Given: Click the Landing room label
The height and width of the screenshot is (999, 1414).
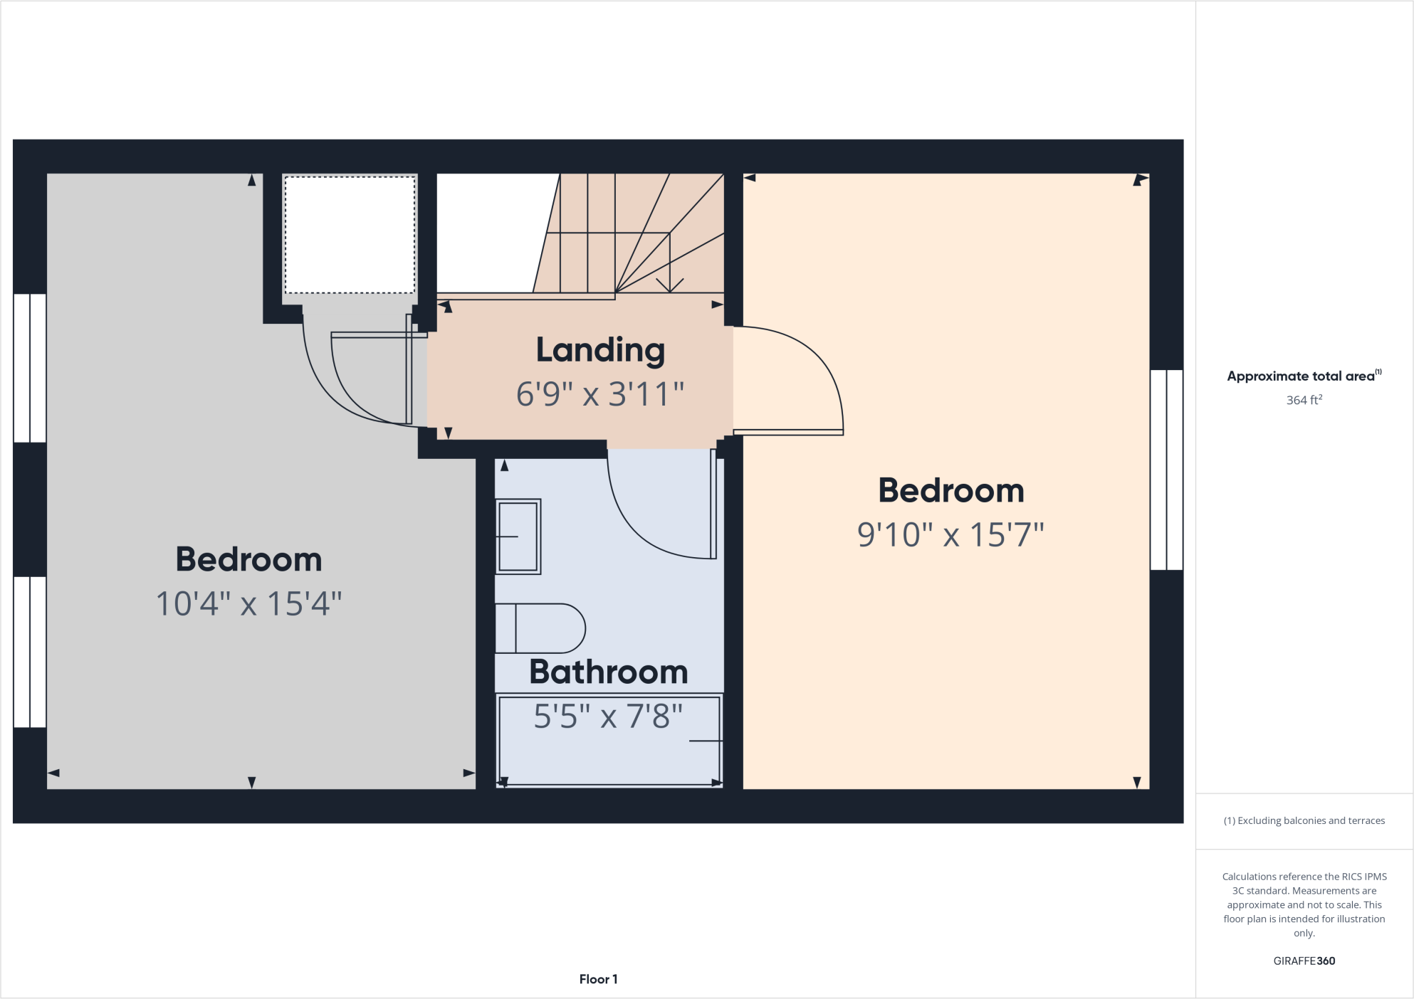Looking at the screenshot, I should click(x=600, y=350).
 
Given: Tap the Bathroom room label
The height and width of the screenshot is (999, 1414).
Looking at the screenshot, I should click(x=609, y=672).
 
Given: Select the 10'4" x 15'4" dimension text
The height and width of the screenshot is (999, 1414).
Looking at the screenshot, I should click(x=248, y=604).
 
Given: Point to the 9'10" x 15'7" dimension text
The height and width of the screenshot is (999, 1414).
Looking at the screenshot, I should click(x=950, y=535).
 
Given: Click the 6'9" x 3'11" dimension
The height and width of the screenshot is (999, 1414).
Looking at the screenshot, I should click(x=600, y=394).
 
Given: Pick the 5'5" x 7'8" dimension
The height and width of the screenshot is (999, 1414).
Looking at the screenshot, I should click(x=609, y=717).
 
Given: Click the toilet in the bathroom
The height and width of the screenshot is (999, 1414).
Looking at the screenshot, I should click(x=541, y=628).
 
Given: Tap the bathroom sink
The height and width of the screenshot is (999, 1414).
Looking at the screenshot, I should click(x=518, y=536).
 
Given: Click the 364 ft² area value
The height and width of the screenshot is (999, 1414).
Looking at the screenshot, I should click(x=1304, y=400).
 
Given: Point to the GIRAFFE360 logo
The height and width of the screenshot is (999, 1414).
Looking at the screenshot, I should click(x=1304, y=961).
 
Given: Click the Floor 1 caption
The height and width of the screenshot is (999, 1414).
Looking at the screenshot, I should click(x=598, y=979).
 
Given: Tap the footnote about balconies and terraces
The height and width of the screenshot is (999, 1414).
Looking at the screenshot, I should click(x=1304, y=820).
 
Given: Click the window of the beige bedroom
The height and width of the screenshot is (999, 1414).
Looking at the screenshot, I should click(x=1166, y=470).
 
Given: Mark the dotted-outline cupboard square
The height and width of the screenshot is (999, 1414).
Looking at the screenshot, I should click(x=350, y=234).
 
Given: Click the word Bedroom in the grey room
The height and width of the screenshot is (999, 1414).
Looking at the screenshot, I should click(x=248, y=559).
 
